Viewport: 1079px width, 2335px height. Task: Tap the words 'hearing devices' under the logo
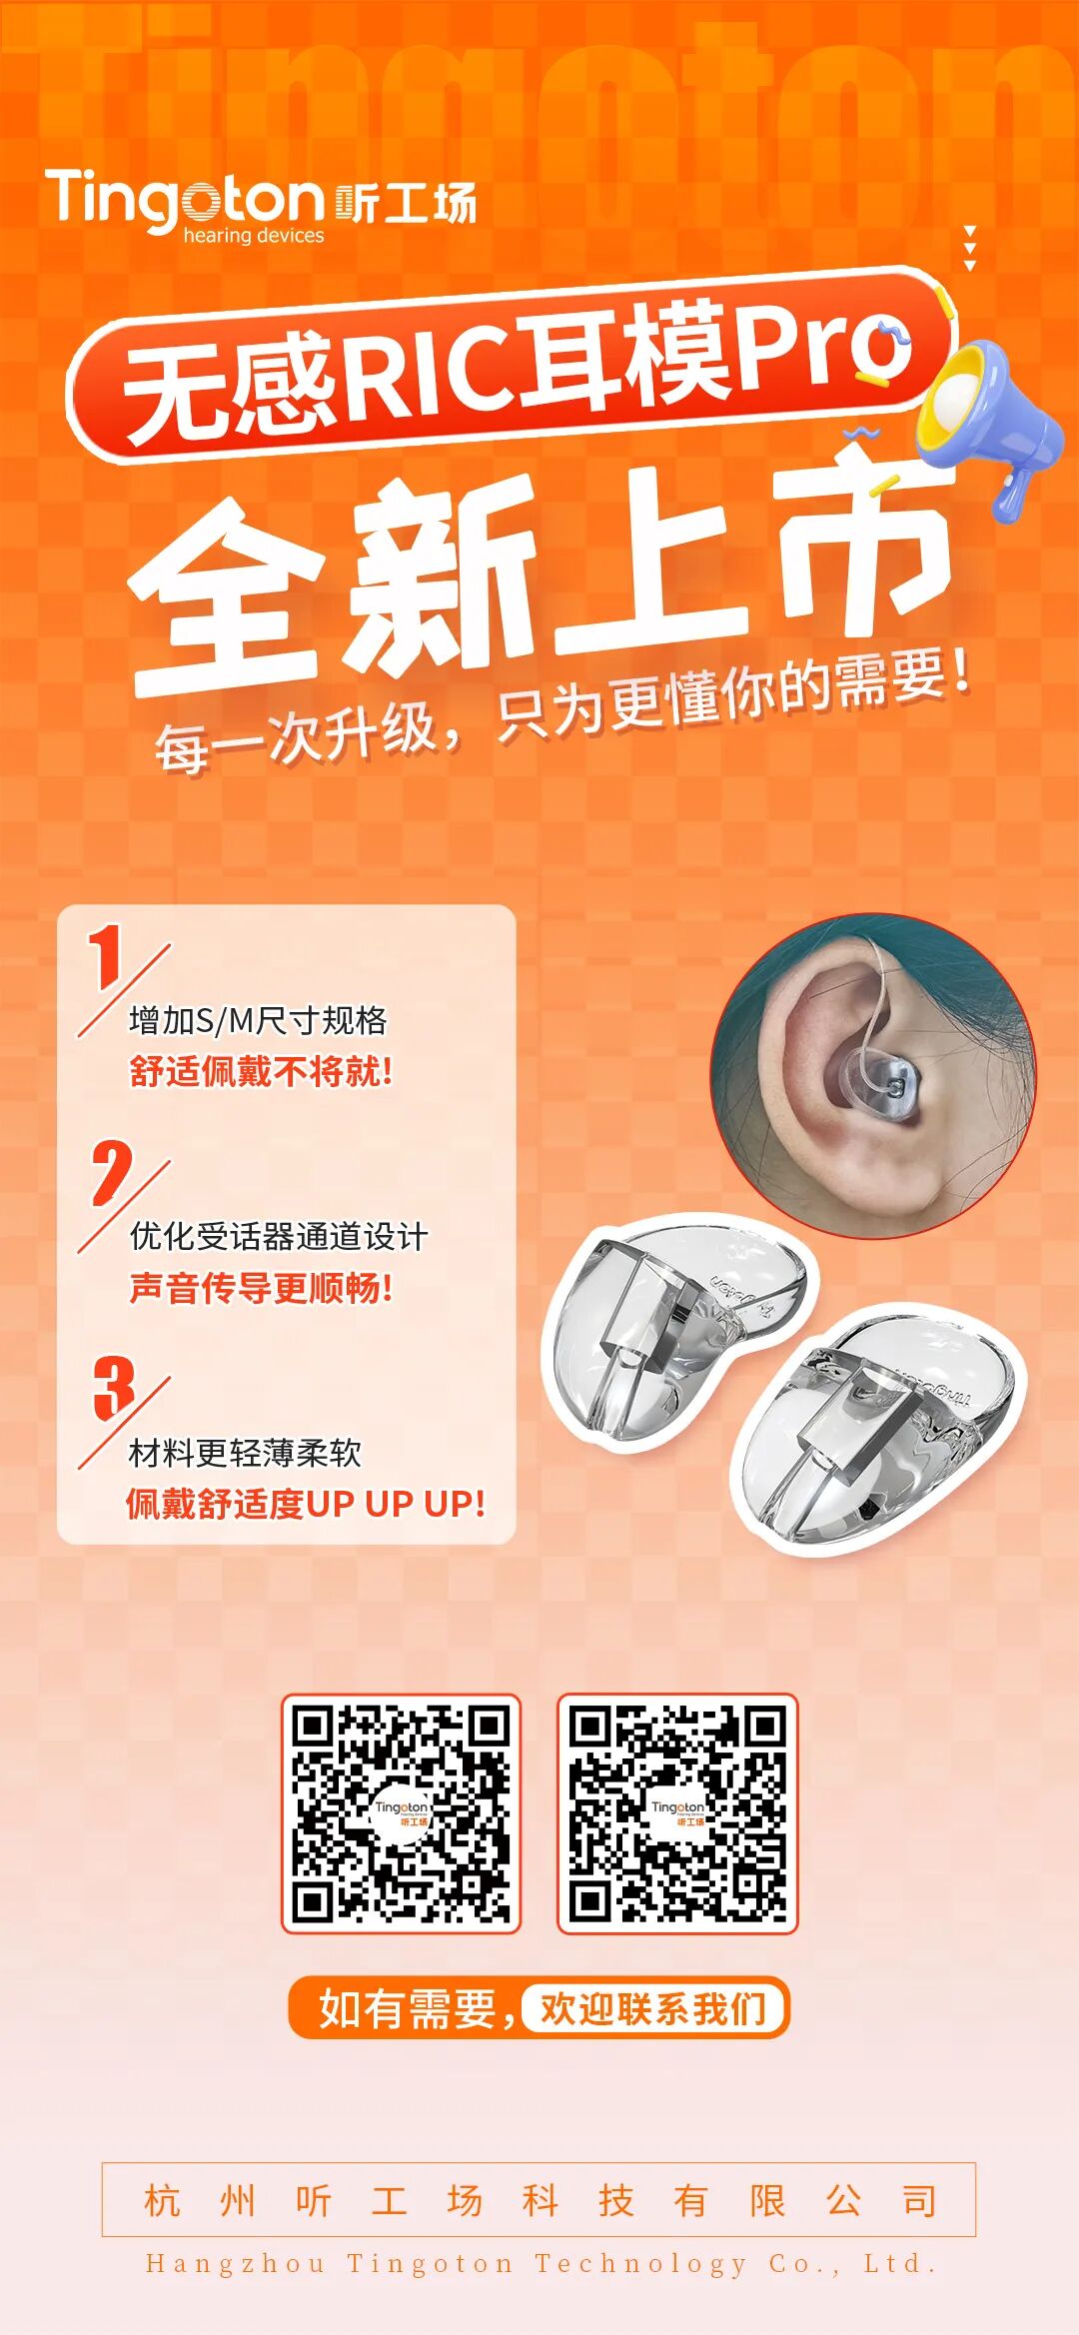point(254,236)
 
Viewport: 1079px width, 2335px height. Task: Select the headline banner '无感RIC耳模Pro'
point(510,366)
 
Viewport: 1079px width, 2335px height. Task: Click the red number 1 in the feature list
point(106,955)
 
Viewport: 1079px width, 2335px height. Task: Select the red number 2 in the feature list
point(111,1172)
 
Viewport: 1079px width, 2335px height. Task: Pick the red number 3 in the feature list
point(114,1388)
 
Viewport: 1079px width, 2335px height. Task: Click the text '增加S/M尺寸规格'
point(258,1020)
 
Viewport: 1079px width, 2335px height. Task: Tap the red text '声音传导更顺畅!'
point(261,1288)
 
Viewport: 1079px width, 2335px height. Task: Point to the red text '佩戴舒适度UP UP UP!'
point(306,1504)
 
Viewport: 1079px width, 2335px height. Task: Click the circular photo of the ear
point(873,1076)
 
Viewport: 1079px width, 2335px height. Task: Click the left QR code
point(402,1813)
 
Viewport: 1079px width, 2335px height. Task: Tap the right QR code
point(677,1813)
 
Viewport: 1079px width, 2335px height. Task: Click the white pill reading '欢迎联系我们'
point(653,2007)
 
